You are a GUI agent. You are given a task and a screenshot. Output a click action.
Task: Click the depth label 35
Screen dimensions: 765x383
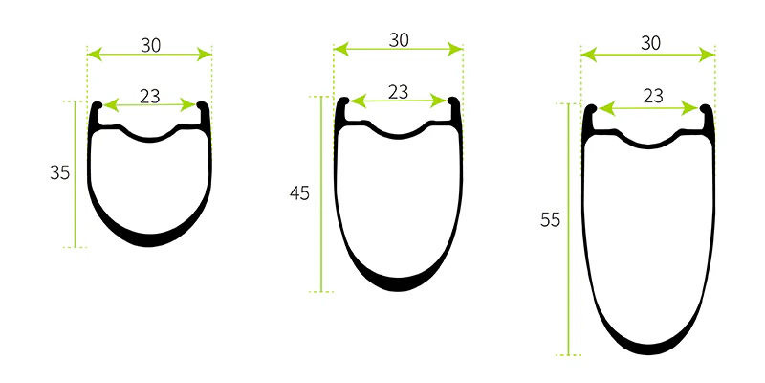(x=60, y=173)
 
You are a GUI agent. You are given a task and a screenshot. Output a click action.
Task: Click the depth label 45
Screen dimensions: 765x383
(x=299, y=194)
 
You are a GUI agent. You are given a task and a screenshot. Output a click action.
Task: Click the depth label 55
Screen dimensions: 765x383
(x=551, y=220)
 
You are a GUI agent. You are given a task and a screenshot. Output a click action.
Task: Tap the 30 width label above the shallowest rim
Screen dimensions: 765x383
(x=151, y=45)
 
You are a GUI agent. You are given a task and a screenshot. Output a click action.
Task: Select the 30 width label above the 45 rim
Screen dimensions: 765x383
(x=399, y=40)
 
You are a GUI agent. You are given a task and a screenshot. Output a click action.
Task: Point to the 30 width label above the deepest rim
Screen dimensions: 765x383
(x=650, y=43)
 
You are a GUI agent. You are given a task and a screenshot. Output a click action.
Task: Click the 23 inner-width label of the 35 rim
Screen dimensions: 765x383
(x=150, y=97)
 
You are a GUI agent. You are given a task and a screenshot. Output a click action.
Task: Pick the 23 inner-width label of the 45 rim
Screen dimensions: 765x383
(x=398, y=92)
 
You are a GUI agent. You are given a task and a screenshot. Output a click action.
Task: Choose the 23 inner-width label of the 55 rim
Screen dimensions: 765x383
(x=653, y=97)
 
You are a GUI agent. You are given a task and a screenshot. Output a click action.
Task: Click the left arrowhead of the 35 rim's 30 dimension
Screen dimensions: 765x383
(x=95, y=55)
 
